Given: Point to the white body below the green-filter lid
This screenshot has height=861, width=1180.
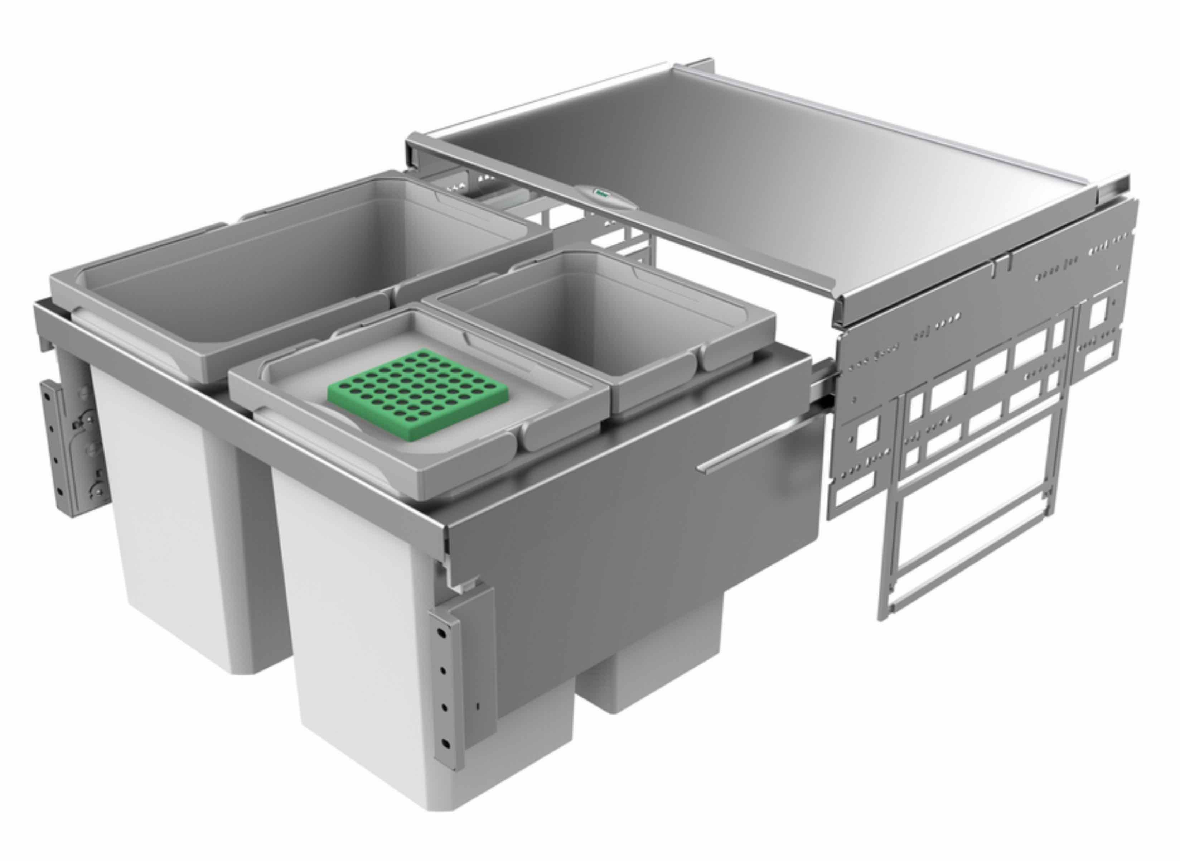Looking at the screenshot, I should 365,651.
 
